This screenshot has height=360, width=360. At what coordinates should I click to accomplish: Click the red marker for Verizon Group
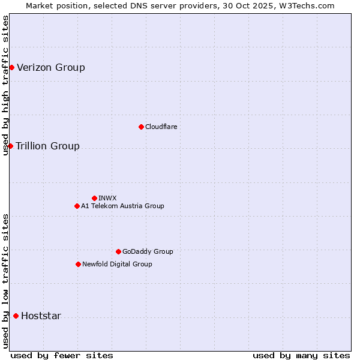pos(11,67)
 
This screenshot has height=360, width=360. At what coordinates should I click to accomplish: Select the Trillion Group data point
pos(10,146)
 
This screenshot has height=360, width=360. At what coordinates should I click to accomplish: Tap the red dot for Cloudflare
pos(141,127)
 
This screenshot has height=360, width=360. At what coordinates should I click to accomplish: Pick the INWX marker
pos(94,198)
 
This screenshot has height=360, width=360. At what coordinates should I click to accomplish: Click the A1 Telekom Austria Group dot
pos(77,206)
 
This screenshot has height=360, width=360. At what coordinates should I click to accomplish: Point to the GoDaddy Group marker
pos(118,251)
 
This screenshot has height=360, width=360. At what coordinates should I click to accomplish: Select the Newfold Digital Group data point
pos(78,264)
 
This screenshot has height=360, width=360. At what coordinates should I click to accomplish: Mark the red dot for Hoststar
pos(16,316)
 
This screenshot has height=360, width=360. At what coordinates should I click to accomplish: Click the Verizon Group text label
pos(51,67)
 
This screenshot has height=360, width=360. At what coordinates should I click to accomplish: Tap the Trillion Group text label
pos(47,146)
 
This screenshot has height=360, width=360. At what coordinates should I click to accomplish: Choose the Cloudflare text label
pos(161,127)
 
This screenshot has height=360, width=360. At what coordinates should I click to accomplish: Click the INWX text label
pos(107,198)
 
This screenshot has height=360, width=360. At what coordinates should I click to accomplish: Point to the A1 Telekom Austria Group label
pos(122,206)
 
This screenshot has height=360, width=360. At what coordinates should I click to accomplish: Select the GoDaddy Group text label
pos(148,251)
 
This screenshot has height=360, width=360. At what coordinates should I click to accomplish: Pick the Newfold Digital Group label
pos(117,264)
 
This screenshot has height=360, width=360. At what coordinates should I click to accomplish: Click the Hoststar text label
pos(41,316)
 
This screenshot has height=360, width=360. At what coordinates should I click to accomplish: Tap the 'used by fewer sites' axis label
pos(62,355)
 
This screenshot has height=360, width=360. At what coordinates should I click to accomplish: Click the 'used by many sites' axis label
pos(301,355)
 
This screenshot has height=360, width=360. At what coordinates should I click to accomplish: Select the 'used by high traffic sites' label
pos(5,85)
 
